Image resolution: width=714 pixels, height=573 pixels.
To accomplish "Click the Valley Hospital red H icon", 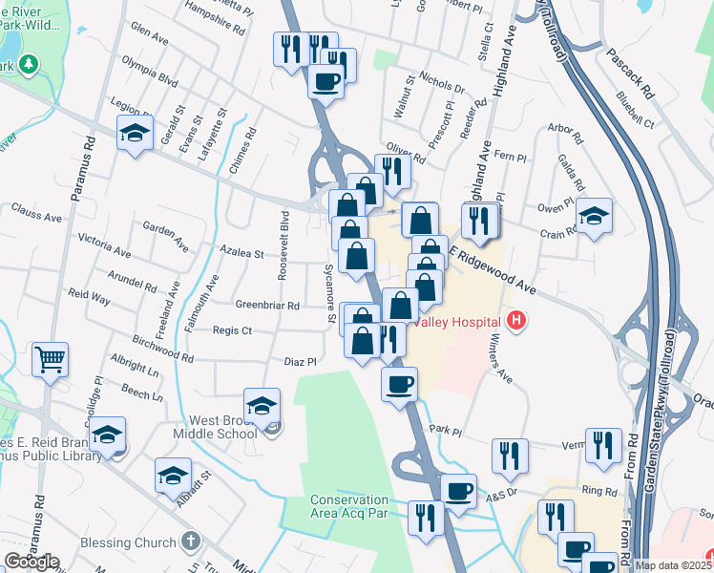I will pyautogui.click(x=516, y=321).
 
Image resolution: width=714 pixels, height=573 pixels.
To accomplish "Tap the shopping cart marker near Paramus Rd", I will pyautogui.click(x=50, y=359).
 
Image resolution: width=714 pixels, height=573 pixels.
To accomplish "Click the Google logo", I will pyautogui.click(x=31, y=562).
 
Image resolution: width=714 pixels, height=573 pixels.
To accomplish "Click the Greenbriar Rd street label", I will pyautogui.click(x=267, y=306).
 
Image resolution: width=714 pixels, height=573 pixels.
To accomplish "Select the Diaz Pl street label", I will pyautogui.click(x=300, y=361).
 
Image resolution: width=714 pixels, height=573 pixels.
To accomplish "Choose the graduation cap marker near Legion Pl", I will pyautogui.click(x=135, y=132).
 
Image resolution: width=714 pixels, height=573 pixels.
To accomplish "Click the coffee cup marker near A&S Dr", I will pyautogui.click(x=458, y=491).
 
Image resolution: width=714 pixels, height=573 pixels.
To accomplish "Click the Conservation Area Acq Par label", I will pyautogui.click(x=349, y=506).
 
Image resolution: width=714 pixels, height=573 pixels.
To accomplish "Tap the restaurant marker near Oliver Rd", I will pyautogui.click(x=392, y=170).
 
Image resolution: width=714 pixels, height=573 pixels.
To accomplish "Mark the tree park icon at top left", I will pyautogui.click(x=30, y=65).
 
